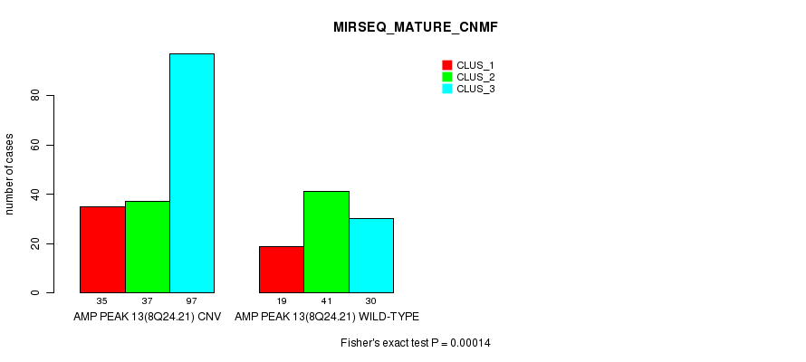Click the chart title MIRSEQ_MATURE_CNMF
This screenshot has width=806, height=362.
(x=416, y=28)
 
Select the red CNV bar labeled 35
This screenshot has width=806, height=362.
(x=103, y=250)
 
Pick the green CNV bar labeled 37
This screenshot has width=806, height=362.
(x=148, y=247)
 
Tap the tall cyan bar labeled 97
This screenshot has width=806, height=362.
(x=192, y=173)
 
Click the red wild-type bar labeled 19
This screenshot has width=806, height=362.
(x=282, y=270)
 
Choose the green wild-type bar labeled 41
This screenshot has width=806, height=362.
(x=326, y=242)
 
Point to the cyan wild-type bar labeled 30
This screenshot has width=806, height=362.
(x=371, y=256)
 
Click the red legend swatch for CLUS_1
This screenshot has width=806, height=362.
(x=447, y=65)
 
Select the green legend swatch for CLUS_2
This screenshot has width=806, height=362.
(x=447, y=77)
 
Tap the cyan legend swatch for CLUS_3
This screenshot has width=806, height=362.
(x=447, y=89)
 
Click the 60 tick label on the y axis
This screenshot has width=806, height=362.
(x=35, y=146)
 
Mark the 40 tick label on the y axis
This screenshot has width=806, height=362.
(x=35, y=195)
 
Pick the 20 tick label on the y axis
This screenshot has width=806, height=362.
(x=35, y=244)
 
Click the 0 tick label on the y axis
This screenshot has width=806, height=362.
(x=35, y=292)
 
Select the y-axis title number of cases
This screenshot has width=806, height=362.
(x=10, y=174)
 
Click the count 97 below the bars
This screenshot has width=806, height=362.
(x=192, y=301)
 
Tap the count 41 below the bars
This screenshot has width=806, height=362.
(x=326, y=301)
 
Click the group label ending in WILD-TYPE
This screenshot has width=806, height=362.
(x=327, y=317)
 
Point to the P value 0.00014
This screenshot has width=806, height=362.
(x=470, y=343)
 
